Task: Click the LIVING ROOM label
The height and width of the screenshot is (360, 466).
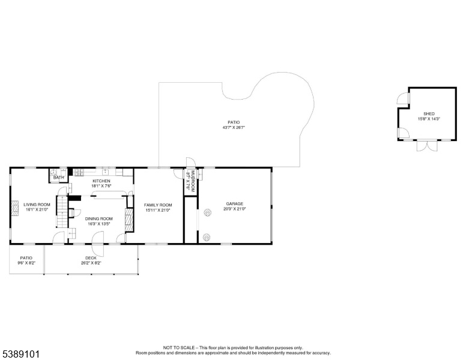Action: pos(37,205)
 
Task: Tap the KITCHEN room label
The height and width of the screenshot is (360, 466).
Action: pos(101,181)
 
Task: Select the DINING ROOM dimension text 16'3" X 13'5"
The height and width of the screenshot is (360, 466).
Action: pos(99,224)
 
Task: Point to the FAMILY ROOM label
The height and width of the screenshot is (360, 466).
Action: pos(158,205)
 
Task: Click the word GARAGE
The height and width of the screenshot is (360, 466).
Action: pos(234,204)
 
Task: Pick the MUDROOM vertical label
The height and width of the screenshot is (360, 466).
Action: pos(193,181)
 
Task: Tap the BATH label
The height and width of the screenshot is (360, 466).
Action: pos(58,178)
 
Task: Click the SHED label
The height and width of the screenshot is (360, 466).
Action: pos(429,114)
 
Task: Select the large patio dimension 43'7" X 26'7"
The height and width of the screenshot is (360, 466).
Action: pos(234,127)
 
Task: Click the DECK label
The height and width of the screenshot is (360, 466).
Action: pos(91,258)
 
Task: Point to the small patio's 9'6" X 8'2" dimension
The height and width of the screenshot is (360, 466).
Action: pos(26,263)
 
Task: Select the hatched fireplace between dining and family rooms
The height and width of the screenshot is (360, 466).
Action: pos(129,220)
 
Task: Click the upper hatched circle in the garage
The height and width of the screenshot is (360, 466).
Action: pos(207,212)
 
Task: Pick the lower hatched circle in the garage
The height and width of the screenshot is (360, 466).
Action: pos(207,237)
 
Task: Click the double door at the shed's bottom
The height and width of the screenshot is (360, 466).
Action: pos(427,145)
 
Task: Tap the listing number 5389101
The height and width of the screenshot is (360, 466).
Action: pos(21,354)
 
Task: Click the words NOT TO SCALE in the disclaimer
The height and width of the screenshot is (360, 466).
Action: pos(178,348)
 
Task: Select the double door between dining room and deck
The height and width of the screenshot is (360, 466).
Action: pos(97,244)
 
